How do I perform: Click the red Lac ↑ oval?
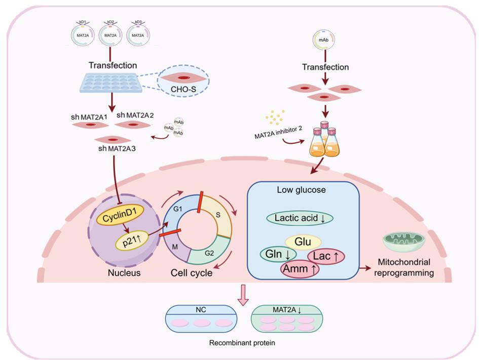coord(325,256)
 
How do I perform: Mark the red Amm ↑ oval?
coord(300,269)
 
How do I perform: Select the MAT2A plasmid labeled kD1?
coord(82,36)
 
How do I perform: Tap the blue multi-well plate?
coord(110,83)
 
